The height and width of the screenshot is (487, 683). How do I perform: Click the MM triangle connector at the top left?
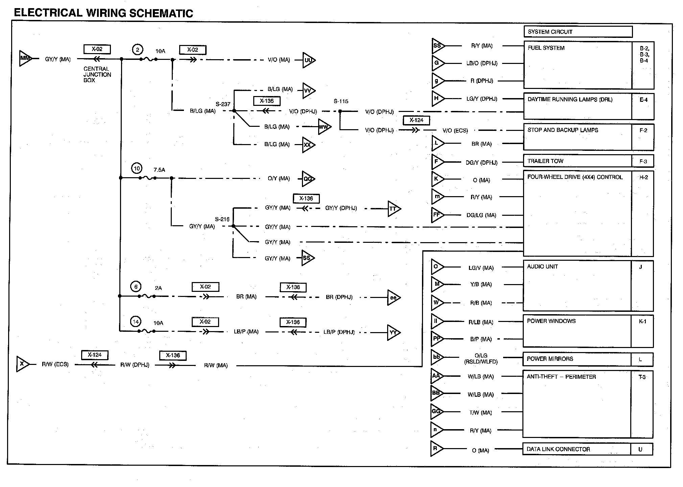pos(25,59)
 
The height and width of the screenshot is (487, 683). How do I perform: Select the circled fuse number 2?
pos(137,50)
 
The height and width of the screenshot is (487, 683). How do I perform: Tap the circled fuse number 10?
pos(137,168)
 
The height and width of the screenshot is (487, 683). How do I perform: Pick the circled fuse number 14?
pos(136,322)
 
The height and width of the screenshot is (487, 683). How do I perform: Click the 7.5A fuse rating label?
pos(159,170)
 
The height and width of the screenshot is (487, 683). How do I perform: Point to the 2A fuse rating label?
pos(158,288)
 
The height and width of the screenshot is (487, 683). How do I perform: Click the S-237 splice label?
pos(223,104)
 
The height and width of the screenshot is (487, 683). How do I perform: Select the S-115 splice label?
pos(341,101)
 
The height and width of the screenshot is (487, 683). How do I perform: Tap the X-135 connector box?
pos(267,101)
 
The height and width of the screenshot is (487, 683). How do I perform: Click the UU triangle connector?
pos(308,60)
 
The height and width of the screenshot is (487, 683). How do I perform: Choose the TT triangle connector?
pos(393,209)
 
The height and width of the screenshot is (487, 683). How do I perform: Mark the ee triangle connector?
pos(393,298)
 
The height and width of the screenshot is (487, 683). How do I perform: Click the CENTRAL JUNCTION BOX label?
pos(97,74)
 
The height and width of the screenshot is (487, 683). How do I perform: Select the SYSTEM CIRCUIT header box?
pos(578,32)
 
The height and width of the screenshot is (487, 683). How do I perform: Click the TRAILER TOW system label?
pos(545,161)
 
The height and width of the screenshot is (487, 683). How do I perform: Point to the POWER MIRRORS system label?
pos(550,359)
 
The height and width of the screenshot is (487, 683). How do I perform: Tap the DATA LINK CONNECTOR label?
pos(558,449)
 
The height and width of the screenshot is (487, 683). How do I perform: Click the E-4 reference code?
pos(643,100)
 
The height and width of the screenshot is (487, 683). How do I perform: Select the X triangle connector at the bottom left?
pos(22,364)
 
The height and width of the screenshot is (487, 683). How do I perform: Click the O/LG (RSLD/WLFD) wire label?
pos(481,358)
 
